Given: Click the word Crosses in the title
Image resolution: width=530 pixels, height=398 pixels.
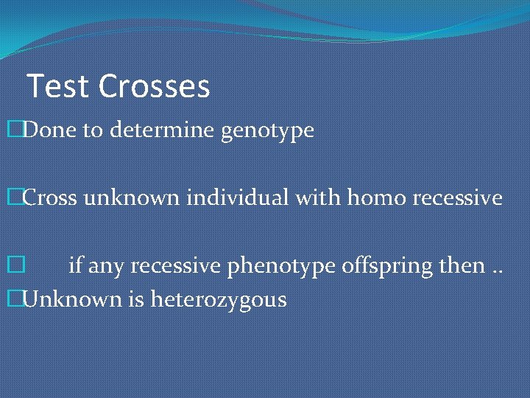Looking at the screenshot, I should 155,86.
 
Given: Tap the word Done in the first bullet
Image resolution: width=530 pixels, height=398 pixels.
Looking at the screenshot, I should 49,130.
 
